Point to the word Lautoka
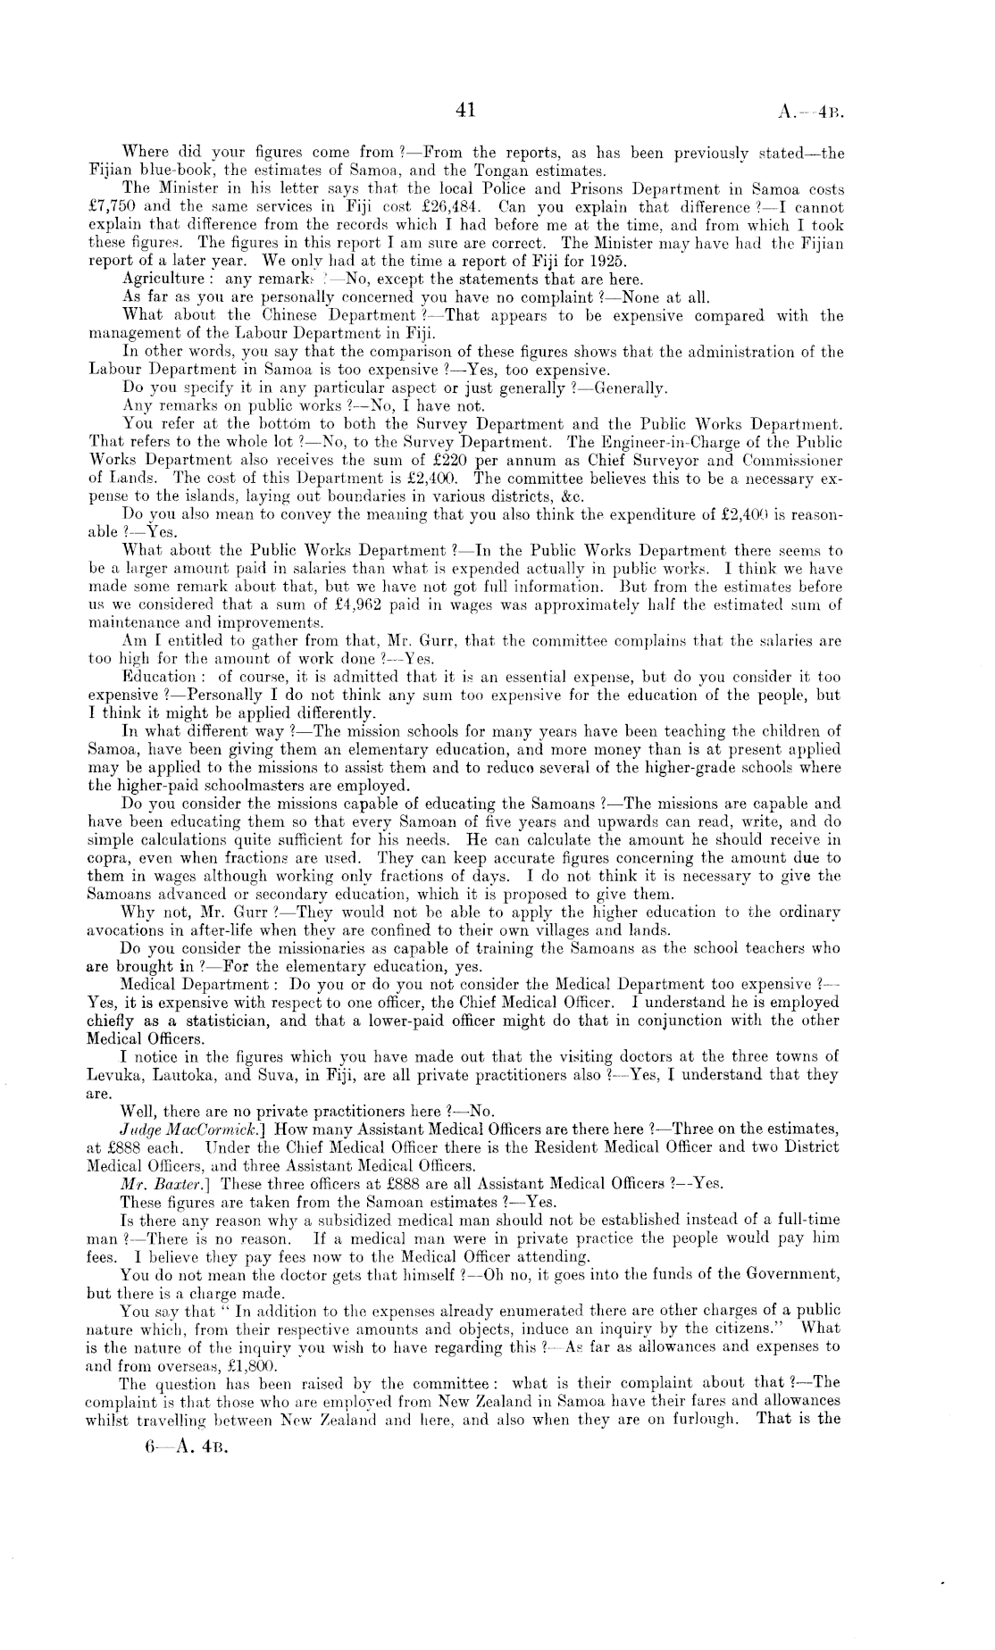click(174, 1075)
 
